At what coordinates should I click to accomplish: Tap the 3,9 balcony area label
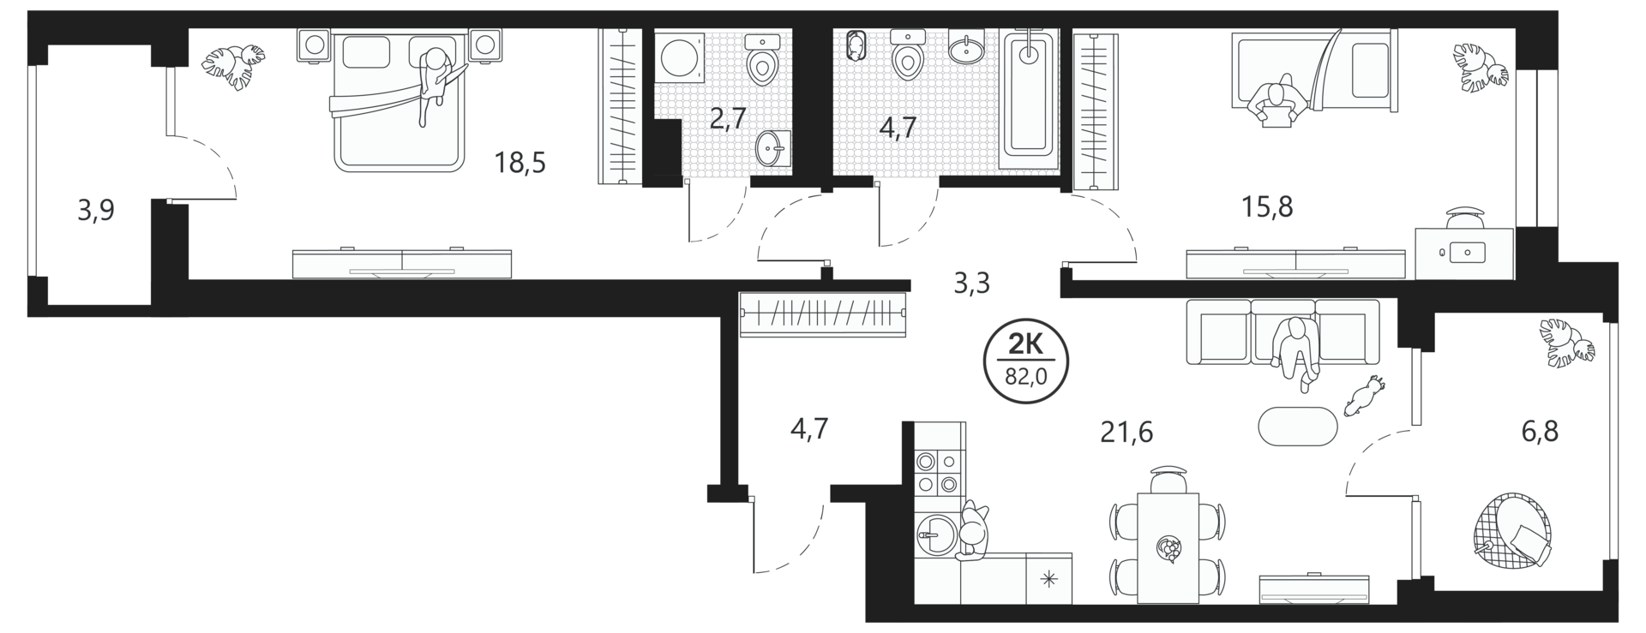(x=96, y=211)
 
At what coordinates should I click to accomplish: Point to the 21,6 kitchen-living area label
(x=1126, y=433)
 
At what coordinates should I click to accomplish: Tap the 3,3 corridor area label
(x=971, y=283)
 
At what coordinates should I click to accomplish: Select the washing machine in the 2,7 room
(x=680, y=57)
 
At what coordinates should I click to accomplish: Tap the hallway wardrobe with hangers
(x=823, y=314)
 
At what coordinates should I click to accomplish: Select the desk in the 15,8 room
(x=1464, y=253)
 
